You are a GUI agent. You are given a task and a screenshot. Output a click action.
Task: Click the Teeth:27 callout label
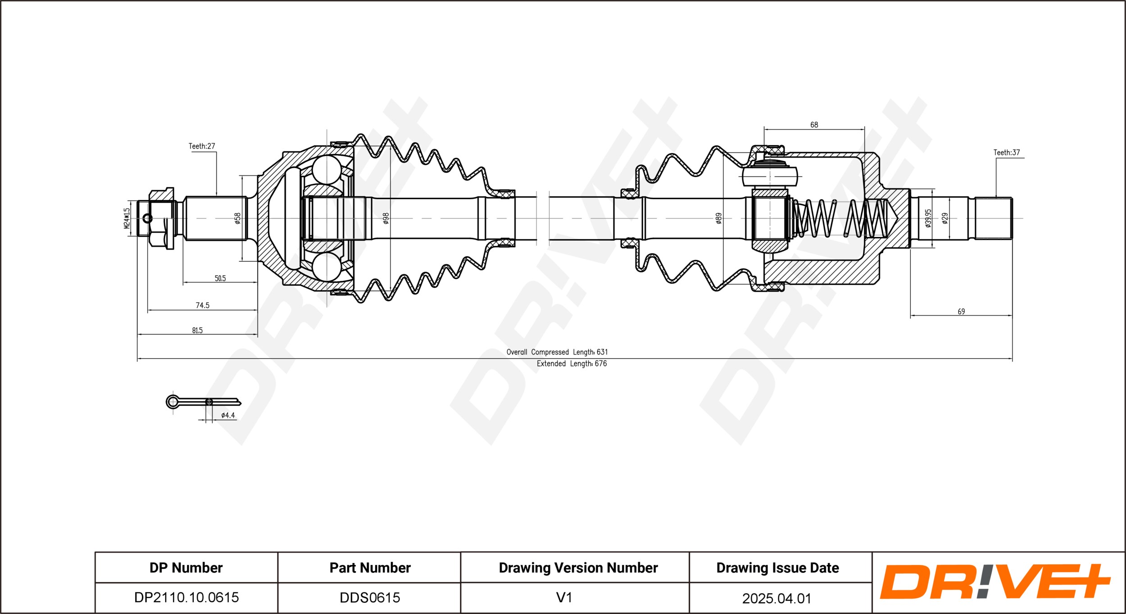click(202, 146)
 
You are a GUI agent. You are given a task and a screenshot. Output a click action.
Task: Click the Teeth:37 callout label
click(1007, 152)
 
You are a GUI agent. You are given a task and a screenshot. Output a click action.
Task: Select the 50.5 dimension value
click(220, 278)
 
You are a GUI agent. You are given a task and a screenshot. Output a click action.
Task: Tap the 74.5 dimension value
click(203, 305)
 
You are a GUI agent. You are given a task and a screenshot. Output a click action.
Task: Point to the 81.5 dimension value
click(197, 330)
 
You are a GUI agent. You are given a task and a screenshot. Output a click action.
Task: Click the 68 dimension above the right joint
click(814, 125)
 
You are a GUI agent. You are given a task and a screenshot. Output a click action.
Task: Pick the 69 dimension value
click(961, 311)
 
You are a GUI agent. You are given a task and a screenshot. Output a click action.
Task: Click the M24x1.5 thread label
click(127, 218)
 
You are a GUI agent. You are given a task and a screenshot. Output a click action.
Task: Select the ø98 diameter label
click(386, 218)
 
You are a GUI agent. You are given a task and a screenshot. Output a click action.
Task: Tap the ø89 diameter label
click(719, 218)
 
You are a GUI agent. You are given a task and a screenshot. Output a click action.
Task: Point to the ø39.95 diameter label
click(928, 218)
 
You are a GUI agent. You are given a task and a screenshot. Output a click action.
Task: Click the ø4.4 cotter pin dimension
click(228, 415)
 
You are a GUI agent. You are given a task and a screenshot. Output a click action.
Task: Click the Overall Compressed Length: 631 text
click(557, 352)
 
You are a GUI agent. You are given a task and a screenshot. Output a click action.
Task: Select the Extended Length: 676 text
click(572, 364)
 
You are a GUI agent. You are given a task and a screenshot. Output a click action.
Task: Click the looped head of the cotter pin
click(173, 401)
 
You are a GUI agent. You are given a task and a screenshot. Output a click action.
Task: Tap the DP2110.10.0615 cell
click(186, 597)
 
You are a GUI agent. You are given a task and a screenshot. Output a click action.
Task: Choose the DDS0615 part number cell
click(370, 597)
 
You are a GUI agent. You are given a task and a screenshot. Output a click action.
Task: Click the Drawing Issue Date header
click(778, 568)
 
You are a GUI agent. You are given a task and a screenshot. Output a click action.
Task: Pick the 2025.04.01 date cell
click(777, 598)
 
